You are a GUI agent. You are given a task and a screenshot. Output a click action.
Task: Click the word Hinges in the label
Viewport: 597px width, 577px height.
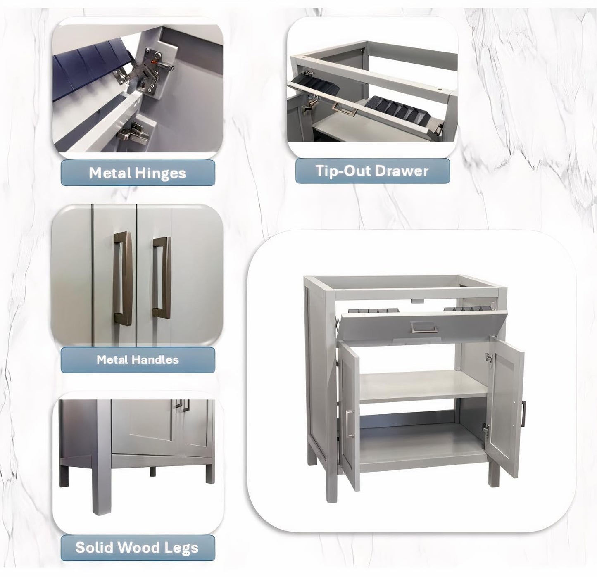pyautogui.click(x=161, y=173)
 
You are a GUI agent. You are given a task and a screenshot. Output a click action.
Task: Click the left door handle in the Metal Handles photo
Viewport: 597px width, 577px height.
pyautogui.click(x=123, y=280)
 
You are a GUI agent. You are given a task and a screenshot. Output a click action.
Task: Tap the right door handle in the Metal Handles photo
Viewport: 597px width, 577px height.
pyautogui.click(x=162, y=278)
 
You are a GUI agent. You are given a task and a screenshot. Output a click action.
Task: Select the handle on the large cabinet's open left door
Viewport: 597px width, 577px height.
pyautogui.click(x=350, y=424)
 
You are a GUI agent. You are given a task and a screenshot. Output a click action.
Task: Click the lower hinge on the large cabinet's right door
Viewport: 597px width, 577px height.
pyautogui.click(x=485, y=427)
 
